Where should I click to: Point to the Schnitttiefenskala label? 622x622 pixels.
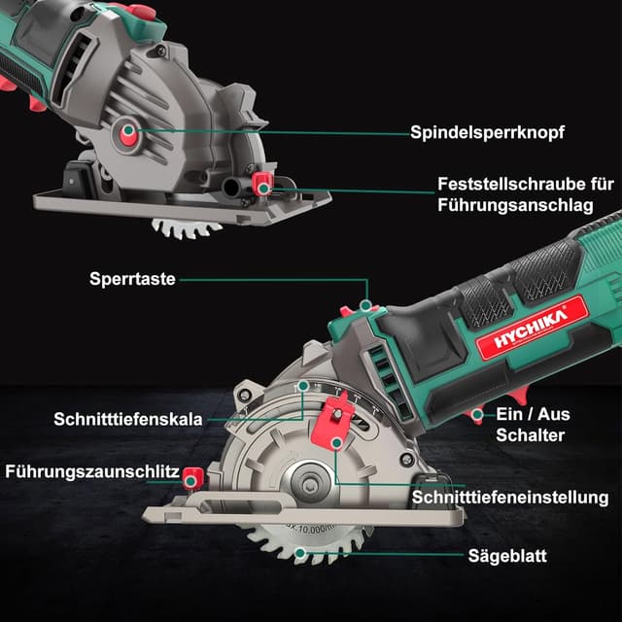click(128, 420)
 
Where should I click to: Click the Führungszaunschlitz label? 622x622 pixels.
click(91, 472)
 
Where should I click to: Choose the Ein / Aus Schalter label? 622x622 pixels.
click(533, 425)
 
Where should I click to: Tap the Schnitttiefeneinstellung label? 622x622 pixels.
click(510, 497)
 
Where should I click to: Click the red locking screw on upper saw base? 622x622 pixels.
click(260, 183)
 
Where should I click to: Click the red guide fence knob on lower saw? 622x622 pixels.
click(192, 476)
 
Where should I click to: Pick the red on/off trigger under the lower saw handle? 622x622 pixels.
click(476, 416)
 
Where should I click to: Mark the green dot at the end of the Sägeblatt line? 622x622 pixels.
click(302, 555)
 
